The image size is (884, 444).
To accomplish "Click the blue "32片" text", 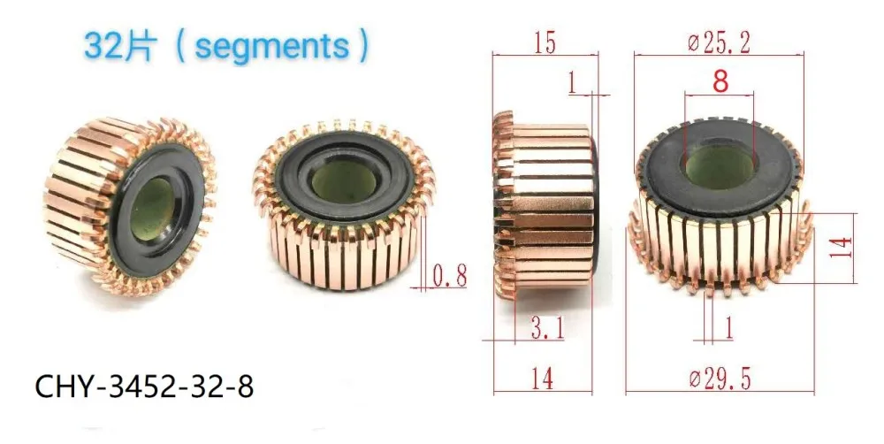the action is pyautogui.click(x=119, y=46).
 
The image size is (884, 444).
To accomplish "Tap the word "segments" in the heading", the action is pyautogui.click(x=271, y=47).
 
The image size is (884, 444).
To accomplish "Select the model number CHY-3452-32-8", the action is pyautogui.click(x=144, y=387).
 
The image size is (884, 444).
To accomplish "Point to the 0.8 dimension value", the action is pyautogui.click(x=449, y=277).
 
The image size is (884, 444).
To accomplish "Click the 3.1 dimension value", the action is pyautogui.click(x=547, y=327).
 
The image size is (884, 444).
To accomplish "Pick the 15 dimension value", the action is pyautogui.click(x=544, y=43).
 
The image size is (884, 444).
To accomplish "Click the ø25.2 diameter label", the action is pyautogui.click(x=720, y=43).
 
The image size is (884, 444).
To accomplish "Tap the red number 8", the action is pyautogui.click(x=720, y=80).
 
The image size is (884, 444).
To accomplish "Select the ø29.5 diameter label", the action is pyautogui.click(x=720, y=379).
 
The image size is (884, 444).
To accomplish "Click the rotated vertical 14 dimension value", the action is pyautogui.click(x=841, y=248).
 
